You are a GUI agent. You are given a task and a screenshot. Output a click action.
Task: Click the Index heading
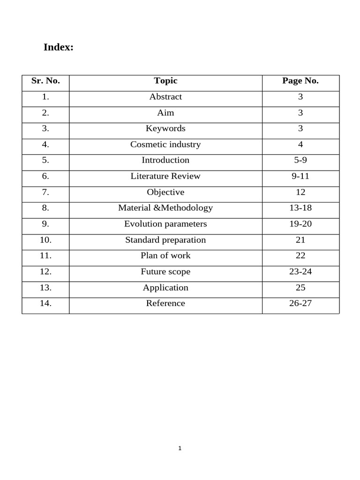click(x=59, y=47)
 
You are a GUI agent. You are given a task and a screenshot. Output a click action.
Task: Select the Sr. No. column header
click(x=45, y=81)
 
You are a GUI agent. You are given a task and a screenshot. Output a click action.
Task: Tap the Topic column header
click(x=165, y=81)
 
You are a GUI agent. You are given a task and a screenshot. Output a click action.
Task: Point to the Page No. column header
click(x=300, y=81)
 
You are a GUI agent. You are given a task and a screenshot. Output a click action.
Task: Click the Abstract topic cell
click(x=165, y=97)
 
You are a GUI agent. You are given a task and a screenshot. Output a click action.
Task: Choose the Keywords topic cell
click(x=165, y=128)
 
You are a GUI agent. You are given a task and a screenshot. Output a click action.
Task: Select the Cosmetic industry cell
click(x=165, y=144)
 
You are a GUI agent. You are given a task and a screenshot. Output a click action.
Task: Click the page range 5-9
click(x=300, y=160)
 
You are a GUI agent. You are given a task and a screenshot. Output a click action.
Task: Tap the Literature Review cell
click(x=165, y=176)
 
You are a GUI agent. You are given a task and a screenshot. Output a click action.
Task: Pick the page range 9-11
click(x=300, y=176)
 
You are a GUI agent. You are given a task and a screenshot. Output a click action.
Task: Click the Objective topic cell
click(x=165, y=192)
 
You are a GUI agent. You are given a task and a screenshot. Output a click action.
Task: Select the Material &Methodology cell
click(x=165, y=208)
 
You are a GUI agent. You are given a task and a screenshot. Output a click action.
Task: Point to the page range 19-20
click(x=300, y=224)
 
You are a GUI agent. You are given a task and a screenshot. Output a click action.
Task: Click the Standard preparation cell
click(x=165, y=240)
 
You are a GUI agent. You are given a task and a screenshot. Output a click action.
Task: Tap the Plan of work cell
click(x=165, y=255)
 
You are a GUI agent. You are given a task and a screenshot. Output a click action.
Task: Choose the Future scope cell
click(x=165, y=272)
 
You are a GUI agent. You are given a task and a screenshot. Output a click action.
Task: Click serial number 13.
click(x=45, y=288)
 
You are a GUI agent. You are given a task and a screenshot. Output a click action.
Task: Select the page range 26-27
click(x=300, y=303)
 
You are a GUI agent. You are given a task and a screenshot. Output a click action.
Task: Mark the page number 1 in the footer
click(x=180, y=449)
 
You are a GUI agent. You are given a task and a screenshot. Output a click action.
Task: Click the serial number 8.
click(x=45, y=208)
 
